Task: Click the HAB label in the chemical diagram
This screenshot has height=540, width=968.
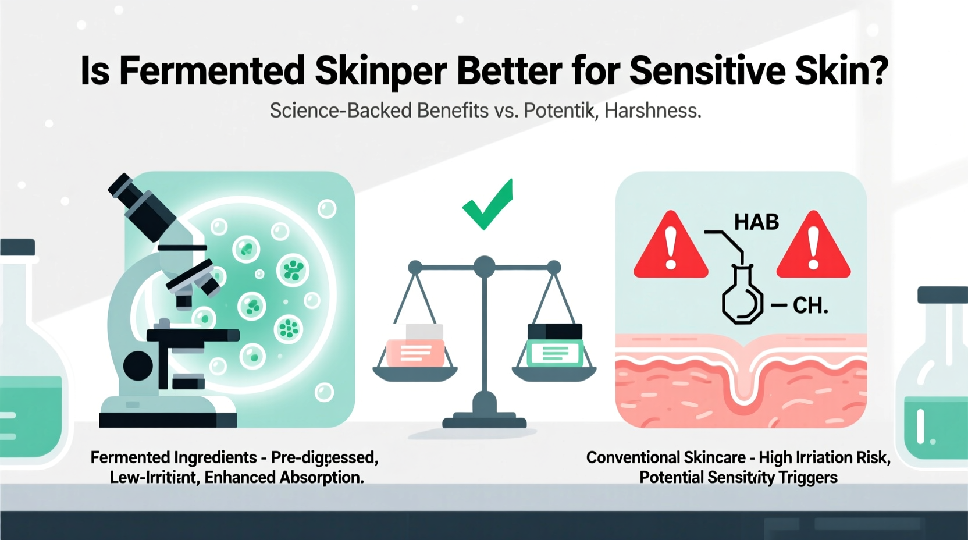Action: [756, 222]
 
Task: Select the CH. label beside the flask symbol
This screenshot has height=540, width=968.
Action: [810, 305]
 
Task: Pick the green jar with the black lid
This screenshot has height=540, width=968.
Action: [555, 346]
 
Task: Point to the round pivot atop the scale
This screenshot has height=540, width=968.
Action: [484, 267]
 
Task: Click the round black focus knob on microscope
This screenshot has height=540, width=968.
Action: [138, 365]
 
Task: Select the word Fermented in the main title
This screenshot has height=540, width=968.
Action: [212, 71]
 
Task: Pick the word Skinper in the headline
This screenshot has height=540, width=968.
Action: [380, 71]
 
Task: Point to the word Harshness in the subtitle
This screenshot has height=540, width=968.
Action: [653, 111]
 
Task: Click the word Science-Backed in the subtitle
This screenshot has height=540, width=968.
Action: [341, 111]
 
